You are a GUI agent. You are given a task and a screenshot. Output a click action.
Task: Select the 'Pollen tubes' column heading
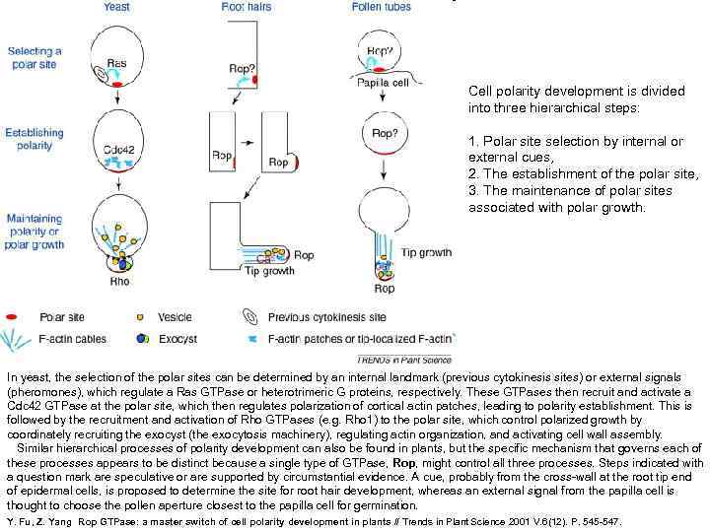pos(381,8)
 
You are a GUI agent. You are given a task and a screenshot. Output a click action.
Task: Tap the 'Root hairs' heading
pos(248,8)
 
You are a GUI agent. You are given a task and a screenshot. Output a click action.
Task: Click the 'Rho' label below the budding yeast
pos(119,282)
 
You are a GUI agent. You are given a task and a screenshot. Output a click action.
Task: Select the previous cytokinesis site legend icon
pos(248,318)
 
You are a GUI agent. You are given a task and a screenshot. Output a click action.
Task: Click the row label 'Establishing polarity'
pos(35,139)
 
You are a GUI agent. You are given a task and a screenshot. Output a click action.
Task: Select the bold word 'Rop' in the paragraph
pos(403,463)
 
